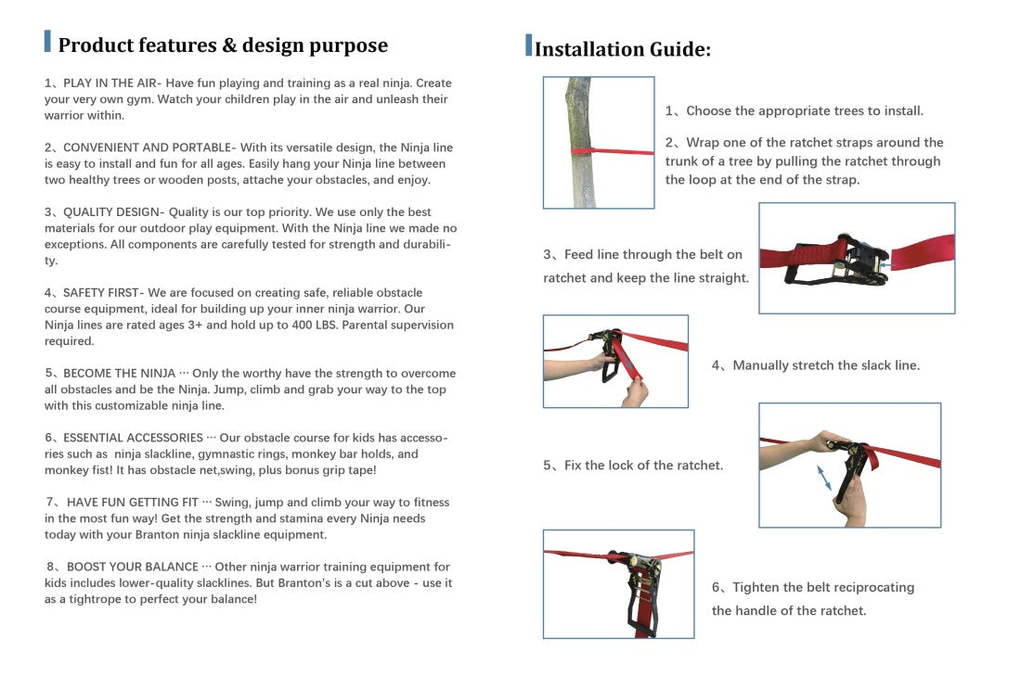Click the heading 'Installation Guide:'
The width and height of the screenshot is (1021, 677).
(x=623, y=49)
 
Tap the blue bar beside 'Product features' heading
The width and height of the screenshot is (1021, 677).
(x=47, y=42)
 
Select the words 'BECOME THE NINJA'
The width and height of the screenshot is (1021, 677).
(x=120, y=374)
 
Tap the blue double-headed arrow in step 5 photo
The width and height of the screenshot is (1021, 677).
(x=824, y=478)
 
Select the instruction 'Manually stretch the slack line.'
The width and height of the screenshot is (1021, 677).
(x=826, y=365)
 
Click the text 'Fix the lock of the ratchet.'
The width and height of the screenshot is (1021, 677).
(x=643, y=466)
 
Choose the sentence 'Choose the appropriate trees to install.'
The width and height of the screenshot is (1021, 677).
(x=805, y=111)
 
